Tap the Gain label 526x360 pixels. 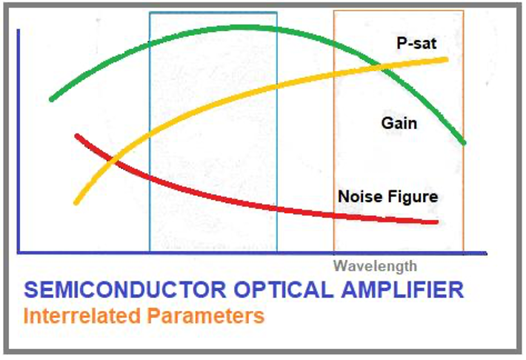click(x=399, y=123)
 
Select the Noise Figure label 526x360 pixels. click(x=387, y=197)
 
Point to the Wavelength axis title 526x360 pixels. click(x=375, y=266)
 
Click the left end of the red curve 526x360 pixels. click(x=77, y=136)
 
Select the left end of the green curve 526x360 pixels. click(x=51, y=99)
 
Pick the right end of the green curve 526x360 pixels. click(x=464, y=142)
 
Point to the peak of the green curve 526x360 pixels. click(x=237, y=27)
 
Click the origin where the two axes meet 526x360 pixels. click(x=19, y=253)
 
